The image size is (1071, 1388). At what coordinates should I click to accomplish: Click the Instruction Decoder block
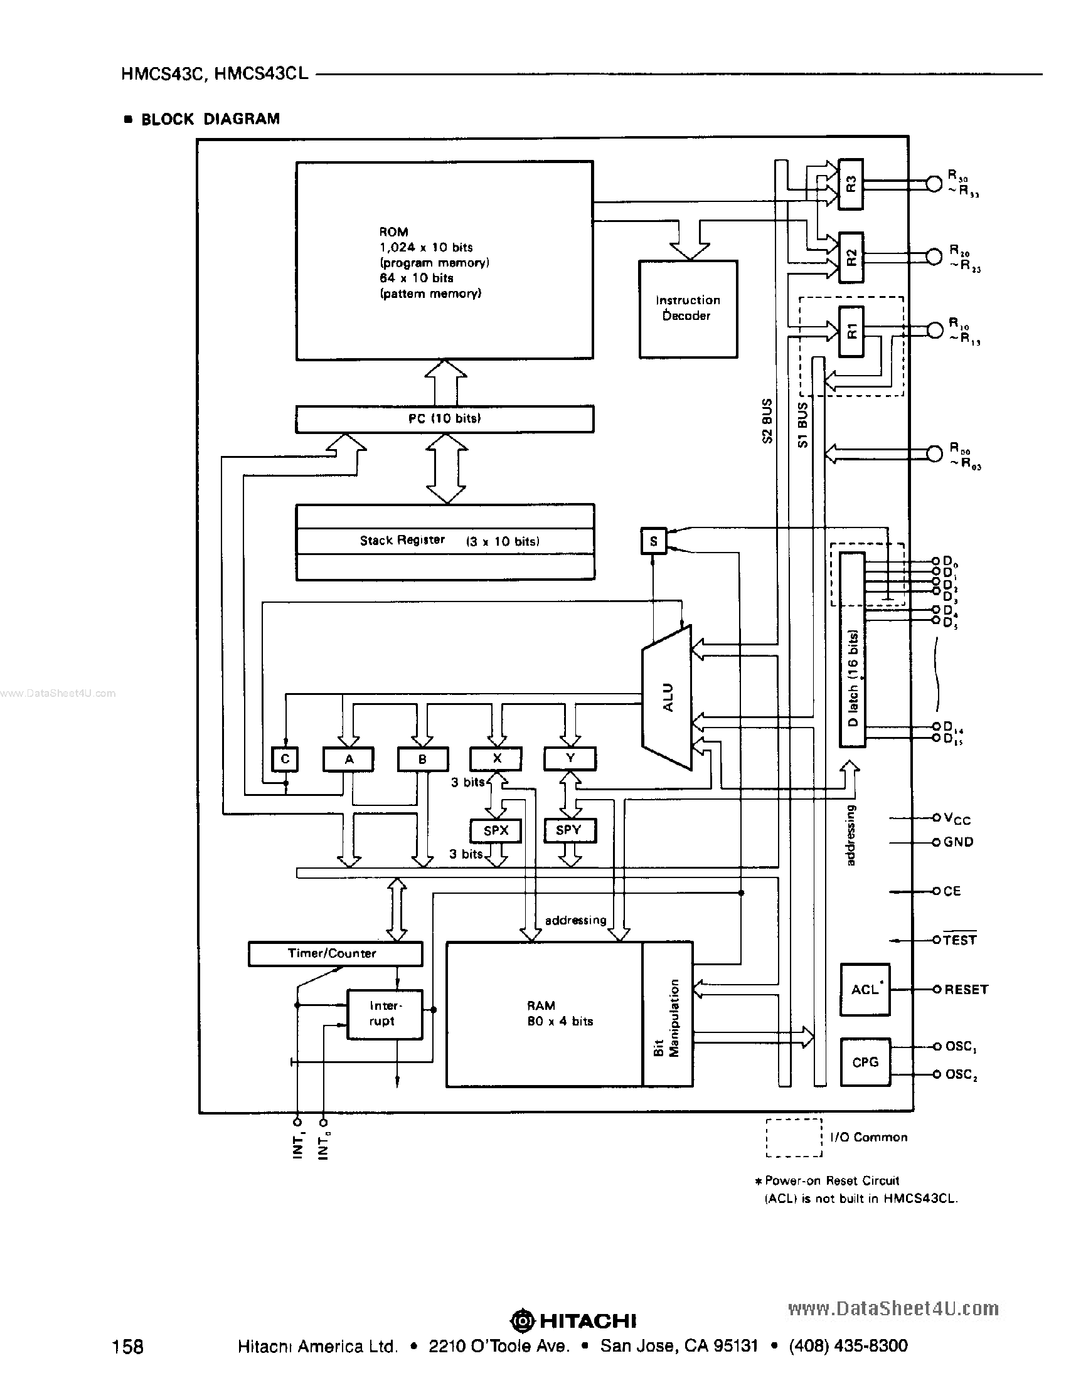point(688,309)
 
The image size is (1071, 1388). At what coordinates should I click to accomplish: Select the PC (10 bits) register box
point(444,419)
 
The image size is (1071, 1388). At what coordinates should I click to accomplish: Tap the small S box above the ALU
point(653,541)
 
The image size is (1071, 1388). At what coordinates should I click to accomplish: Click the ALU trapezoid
point(668,698)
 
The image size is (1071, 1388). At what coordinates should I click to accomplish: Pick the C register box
point(285,759)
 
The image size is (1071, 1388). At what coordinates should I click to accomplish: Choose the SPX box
point(496,830)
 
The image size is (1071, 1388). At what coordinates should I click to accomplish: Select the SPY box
point(569,830)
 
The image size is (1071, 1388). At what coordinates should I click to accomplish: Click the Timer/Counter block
point(335,953)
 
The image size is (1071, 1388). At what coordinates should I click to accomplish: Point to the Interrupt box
point(385,1014)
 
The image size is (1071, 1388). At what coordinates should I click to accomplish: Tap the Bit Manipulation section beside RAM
point(668,1014)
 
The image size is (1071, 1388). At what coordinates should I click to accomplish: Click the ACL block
point(865,990)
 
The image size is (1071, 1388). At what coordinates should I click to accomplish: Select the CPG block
point(865,1062)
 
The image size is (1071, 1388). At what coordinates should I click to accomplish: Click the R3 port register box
point(851,184)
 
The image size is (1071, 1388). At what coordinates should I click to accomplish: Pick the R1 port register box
point(851,331)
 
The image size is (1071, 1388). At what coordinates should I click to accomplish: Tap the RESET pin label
point(966,990)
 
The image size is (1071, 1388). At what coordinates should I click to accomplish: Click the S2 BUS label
point(767,421)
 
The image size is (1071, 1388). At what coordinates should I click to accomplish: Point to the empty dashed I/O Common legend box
point(794,1138)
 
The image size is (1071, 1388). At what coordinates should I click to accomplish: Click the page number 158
point(128,1346)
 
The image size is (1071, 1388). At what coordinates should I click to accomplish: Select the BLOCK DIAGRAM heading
point(210,119)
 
